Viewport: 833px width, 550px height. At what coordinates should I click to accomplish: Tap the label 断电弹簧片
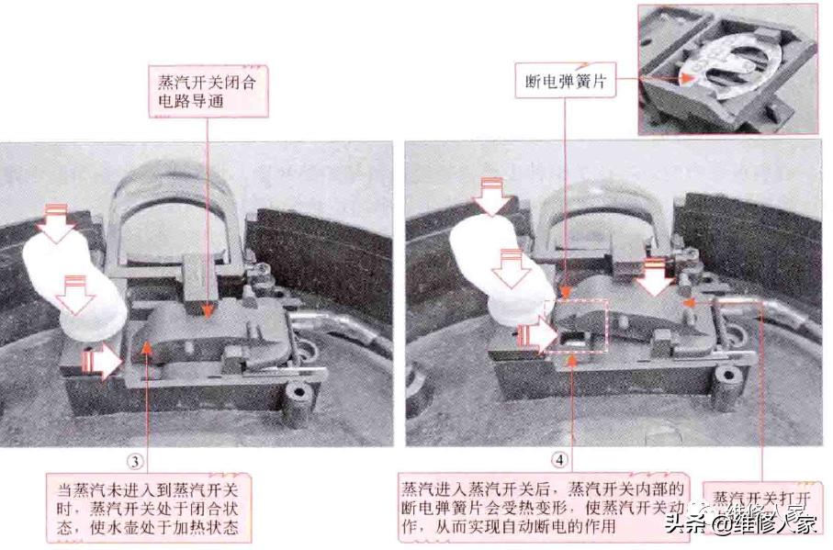[562, 81]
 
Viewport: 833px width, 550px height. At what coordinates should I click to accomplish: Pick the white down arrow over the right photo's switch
[655, 275]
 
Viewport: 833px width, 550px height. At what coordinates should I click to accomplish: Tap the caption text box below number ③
[150, 508]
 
